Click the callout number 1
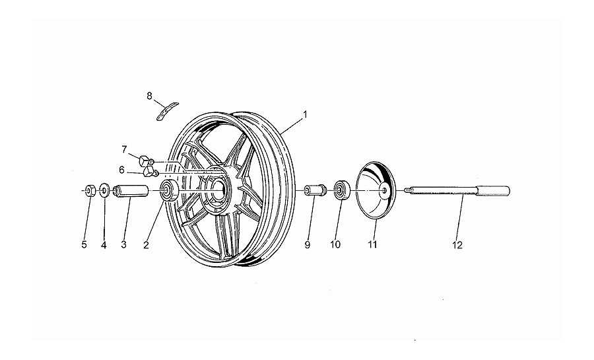304,114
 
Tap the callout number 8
149,96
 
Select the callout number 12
457,245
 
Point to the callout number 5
84,245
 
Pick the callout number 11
372,245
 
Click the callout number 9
307,245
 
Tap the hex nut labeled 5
90,190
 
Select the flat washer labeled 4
104,190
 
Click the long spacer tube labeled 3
130,191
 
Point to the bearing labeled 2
168,191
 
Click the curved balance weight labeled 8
167,111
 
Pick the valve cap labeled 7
145,161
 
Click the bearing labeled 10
341,190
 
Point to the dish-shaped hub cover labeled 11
376,190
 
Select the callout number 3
123,245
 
